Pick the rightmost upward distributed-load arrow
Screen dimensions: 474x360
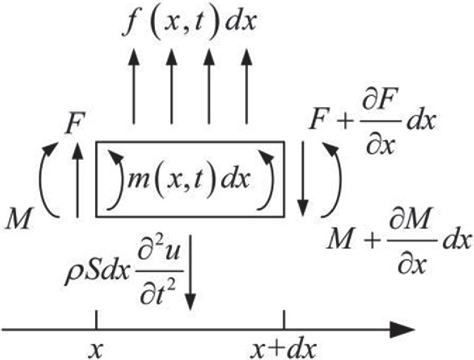[247, 87]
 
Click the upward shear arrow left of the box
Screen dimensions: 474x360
[78, 180]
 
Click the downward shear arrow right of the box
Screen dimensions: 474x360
[302, 180]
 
